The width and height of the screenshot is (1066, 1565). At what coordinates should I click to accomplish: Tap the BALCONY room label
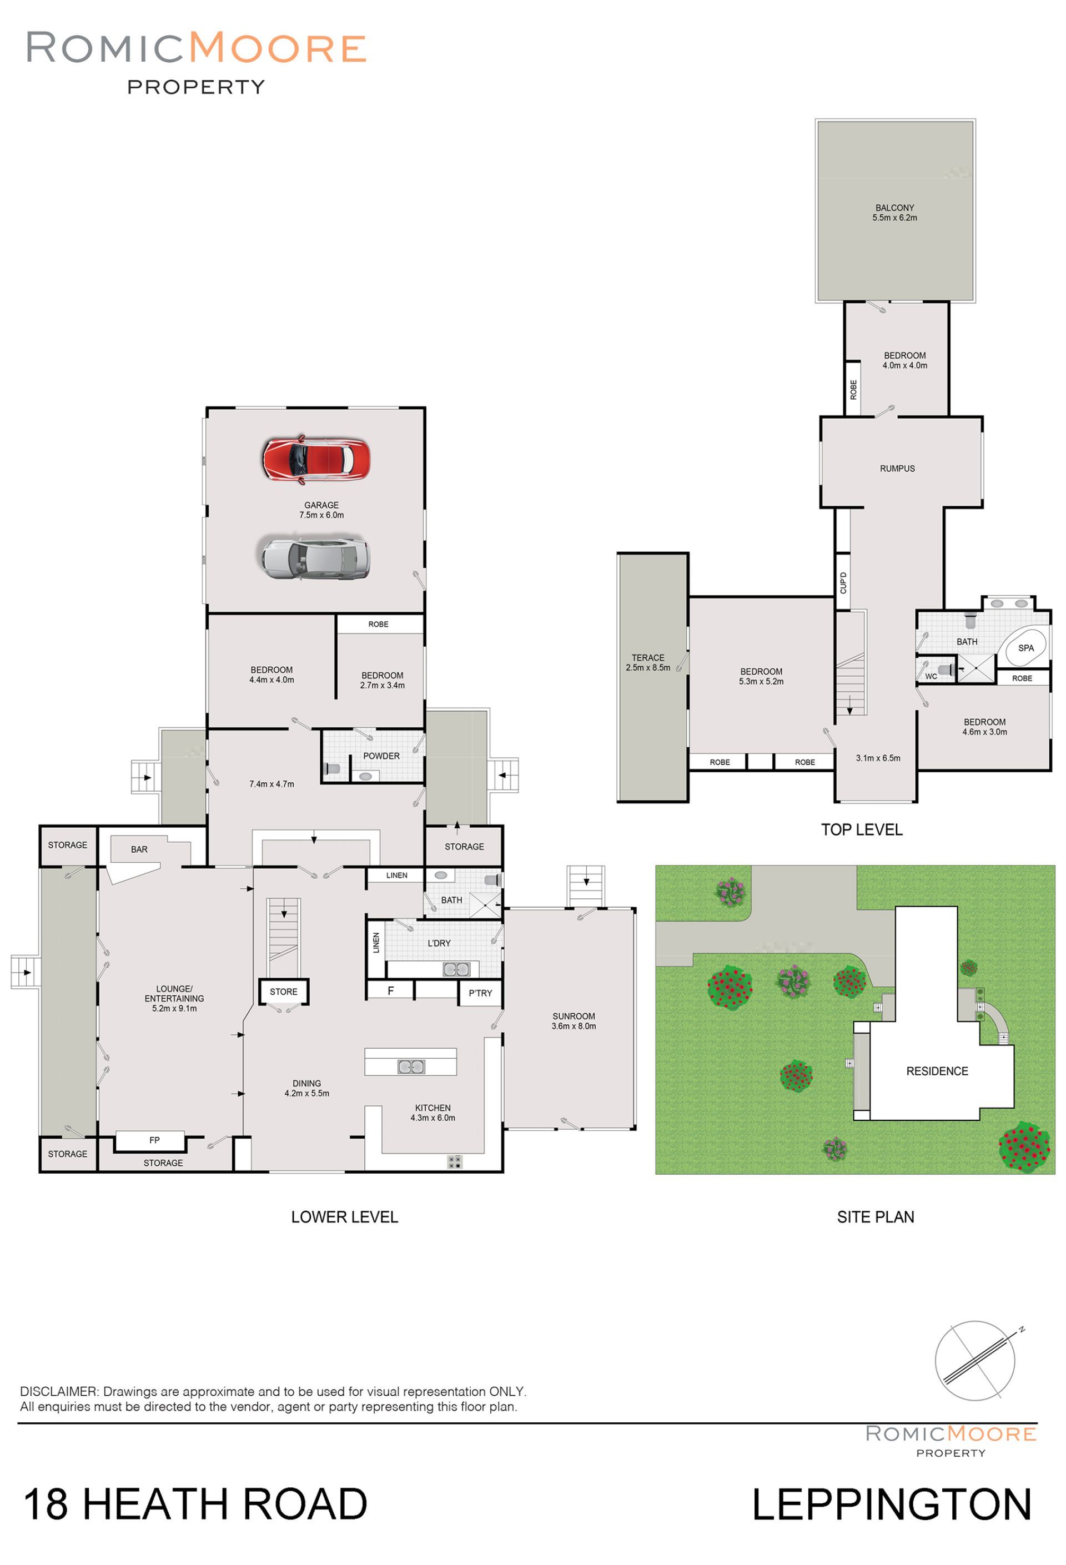coord(894,208)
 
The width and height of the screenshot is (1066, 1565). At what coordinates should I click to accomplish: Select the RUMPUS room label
coord(897,469)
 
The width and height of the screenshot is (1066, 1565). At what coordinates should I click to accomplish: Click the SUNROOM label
coord(573,1016)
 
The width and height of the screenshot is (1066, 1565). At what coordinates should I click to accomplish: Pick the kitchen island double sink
coord(411,1066)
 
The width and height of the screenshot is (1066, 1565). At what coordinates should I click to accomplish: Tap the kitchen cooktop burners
coord(455,1161)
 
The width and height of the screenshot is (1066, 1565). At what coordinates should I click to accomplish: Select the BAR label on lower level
coord(139,849)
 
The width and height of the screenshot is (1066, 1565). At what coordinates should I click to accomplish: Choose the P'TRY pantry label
coord(480,993)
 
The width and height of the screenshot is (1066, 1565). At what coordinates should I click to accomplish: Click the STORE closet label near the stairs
coord(284,992)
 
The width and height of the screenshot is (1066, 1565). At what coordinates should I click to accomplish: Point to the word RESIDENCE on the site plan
coord(937,1071)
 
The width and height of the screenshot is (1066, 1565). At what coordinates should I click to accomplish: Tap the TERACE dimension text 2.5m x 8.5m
coord(648,667)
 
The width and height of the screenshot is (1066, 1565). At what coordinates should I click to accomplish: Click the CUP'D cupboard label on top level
coord(843,582)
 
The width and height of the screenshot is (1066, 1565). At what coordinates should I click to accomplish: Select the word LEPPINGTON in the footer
coord(892,1505)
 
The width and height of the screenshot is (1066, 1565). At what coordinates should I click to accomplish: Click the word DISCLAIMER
coord(59,1391)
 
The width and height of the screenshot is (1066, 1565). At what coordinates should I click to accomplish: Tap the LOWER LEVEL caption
coord(344,1217)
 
